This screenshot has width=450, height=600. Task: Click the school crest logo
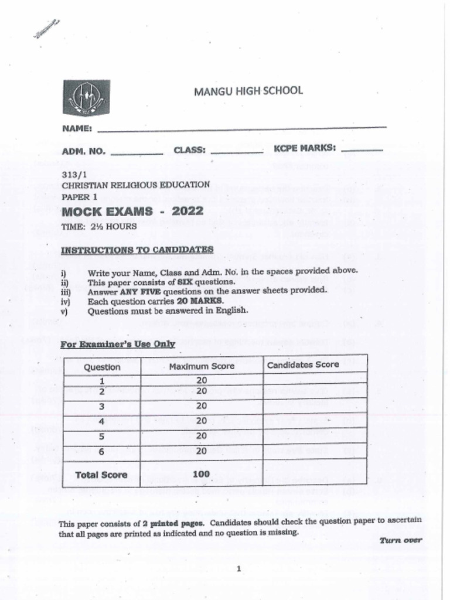pyautogui.click(x=86, y=97)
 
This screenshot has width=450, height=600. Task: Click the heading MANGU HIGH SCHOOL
pyautogui.click(x=248, y=91)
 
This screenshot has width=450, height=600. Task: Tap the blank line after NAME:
pyautogui.click(x=241, y=128)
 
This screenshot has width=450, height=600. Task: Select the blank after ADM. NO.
pyautogui.click(x=137, y=153)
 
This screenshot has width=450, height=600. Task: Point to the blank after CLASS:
pyautogui.click(x=236, y=152)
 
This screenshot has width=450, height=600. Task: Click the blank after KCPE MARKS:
pyautogui.click(x=362, y=151)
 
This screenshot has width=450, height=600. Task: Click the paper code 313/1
pyautogui.click(x=73, y=174)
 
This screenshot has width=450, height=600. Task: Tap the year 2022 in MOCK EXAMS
pyautogui.click(x=187, y=212)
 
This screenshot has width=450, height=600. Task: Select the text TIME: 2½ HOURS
pyautogui.click(x=99, y=226)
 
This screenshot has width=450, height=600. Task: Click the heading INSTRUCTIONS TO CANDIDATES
pyautogui.click(x=137, y=250)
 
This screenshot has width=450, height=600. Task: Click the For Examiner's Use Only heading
pyautogui.click(x=118, y=344)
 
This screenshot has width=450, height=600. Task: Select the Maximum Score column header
pyautogui.click(x=202, y=366)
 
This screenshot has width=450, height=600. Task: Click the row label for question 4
pyautogui.click(x=102, y=421)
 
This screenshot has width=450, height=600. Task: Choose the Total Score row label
pyautogui.click(x=101, y=475)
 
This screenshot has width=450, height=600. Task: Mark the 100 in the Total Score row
pyautogui.click(x=201, y=474)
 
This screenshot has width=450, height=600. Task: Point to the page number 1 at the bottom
pyautogui.click(x=239, y=568)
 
